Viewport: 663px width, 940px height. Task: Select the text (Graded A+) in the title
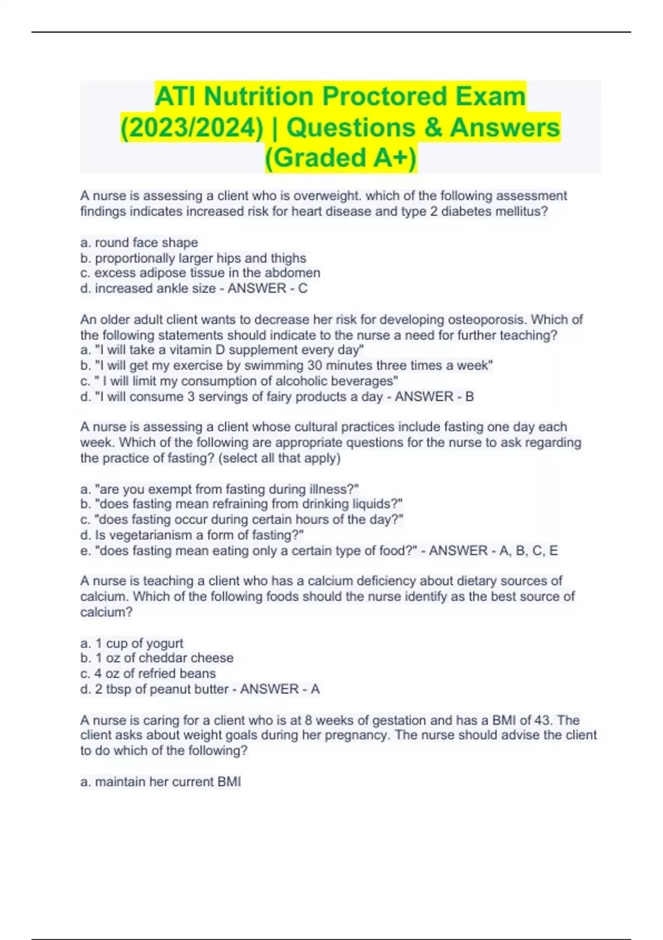[341, 158]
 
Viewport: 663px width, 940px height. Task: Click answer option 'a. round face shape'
[139, 243]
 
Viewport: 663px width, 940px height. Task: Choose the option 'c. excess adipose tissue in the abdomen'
[200, 273]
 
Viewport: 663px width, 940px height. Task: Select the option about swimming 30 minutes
[286, 365]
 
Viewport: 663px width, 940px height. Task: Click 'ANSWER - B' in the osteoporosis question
[434, 397]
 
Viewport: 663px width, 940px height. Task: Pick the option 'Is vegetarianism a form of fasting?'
[192, 535]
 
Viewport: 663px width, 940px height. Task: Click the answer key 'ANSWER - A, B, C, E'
[493, 551]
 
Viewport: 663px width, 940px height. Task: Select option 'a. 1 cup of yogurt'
[131, 644]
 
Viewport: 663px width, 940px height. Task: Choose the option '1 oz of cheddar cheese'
[157, 658]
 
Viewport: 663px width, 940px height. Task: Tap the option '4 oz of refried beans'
[148, 673]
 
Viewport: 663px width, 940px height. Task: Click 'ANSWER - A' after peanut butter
[280, 689]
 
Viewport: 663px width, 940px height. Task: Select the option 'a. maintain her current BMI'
[160, 782]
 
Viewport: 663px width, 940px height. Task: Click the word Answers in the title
[504, 128]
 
